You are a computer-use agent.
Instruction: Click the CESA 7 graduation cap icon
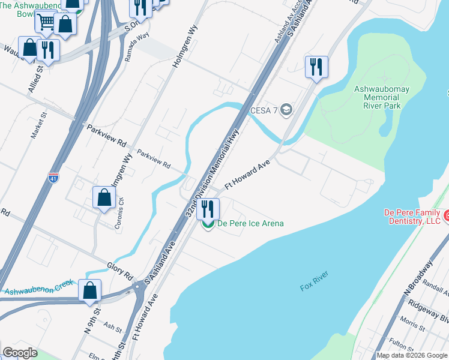coord(286,109)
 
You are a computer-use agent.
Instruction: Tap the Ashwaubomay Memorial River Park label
coord(385,97)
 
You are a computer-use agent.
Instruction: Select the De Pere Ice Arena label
coord(250,224)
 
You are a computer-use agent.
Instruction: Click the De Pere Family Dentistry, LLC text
coord(412,217)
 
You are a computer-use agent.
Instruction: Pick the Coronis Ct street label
coord(119,214)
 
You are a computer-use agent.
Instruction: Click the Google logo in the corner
coord(20,353)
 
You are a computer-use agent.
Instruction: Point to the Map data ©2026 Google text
coord(412,355)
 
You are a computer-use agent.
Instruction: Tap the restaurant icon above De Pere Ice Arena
coord(208,209)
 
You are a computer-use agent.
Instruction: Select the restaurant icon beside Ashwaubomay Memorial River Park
coord(316,67)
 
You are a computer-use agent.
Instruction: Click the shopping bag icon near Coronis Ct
coord(104,197)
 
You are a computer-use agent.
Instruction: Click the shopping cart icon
coord(46,22)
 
